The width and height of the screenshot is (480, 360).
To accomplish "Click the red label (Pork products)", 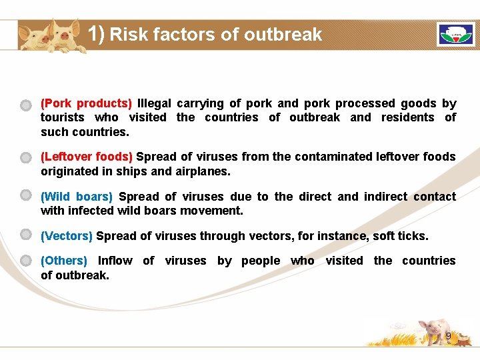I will (86, 103).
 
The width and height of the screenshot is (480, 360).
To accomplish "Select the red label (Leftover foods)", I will (86, 157).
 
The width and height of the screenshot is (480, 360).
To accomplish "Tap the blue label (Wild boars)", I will (77, 197).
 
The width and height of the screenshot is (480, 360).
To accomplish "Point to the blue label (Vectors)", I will (67, 236).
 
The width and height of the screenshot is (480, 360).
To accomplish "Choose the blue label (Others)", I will (64, 261).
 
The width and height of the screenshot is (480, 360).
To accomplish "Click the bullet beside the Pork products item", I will (25, 105).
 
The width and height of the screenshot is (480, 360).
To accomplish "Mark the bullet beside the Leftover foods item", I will (25, 157).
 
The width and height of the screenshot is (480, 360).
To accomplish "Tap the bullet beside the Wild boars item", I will (25, 195).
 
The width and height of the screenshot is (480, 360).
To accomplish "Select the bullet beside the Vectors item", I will (25, 235).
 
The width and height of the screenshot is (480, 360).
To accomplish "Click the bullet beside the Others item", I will (25, 260).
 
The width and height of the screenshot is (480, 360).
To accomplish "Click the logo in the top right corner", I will (455, 35).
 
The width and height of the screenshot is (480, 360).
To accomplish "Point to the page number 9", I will (449, 336).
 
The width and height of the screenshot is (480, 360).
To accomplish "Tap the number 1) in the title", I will (97, 33).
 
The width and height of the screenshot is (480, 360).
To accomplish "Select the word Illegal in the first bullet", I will (154, 103).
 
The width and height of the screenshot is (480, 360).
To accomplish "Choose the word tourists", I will (63, 117).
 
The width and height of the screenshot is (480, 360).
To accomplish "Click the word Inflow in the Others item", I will (115, 261).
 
